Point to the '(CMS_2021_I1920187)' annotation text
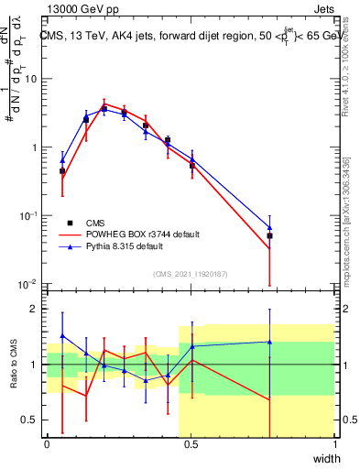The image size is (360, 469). point(191,274)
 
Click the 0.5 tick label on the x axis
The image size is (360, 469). point(191,443)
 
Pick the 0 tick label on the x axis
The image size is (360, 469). point(48,443)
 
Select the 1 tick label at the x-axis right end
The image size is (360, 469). point(334,443)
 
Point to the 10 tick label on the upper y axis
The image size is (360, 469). point(30,79)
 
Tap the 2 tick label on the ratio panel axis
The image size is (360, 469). point(35,309)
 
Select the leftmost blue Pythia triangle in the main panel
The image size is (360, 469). point(62,159)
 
